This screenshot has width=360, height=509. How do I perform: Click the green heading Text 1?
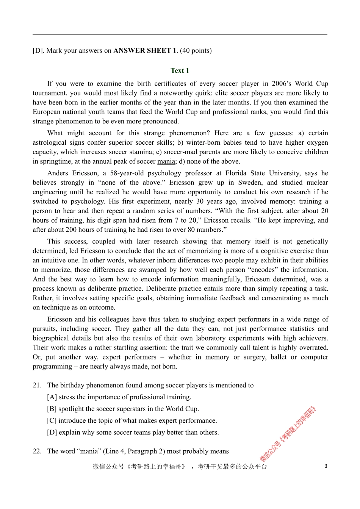180,70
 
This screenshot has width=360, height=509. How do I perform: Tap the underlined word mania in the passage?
166,161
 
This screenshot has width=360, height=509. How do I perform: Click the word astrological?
50,142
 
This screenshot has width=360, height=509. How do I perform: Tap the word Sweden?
251,183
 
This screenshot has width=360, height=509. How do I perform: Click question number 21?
37,385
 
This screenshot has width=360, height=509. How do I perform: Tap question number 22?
37,451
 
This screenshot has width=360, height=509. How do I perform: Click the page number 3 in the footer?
326,466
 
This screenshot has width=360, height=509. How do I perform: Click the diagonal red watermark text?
288,434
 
